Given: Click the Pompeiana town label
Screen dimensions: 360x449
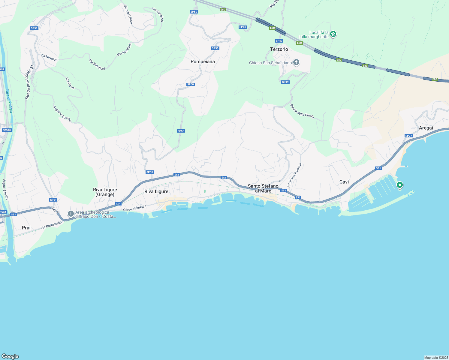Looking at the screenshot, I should [x=203, y=61].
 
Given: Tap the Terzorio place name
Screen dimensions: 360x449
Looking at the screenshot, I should [x=279, y=49].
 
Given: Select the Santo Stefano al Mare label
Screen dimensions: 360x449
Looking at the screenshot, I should [x=263, y=188].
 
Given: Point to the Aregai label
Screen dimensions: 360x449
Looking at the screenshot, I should [x=426, y=128].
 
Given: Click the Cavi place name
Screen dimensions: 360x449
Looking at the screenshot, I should [x=344, y=182].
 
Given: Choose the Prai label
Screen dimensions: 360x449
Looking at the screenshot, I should [x=26, y=228].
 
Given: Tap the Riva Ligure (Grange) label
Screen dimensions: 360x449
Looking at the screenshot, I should [x=105, y=192].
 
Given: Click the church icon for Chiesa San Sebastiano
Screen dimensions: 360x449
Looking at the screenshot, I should [x=296, y=62].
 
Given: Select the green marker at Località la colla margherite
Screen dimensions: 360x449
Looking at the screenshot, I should [x=333, y=34].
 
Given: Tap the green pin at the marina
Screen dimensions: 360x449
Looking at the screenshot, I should [x=399, y=185].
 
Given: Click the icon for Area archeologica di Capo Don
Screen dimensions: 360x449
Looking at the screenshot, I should [x=71, y=214].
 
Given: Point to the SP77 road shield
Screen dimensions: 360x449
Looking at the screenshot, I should [x=408, y=136].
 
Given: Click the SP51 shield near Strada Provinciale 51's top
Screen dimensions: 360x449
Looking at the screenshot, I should [x=34, y=28].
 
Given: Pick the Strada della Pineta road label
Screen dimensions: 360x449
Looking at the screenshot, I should [x=302, y=111].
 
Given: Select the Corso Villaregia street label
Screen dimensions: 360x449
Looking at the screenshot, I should [x=135, y=208].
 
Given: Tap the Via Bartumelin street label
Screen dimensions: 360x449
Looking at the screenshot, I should [x=51, y=225].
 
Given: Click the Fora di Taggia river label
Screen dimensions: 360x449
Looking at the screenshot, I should [x=9, y=101].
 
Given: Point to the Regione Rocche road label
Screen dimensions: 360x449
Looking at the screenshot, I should [x=62, y=114].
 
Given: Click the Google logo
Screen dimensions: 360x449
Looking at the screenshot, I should [x=10, y=356].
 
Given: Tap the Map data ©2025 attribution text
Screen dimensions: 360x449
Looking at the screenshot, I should [x=436, y=358].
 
